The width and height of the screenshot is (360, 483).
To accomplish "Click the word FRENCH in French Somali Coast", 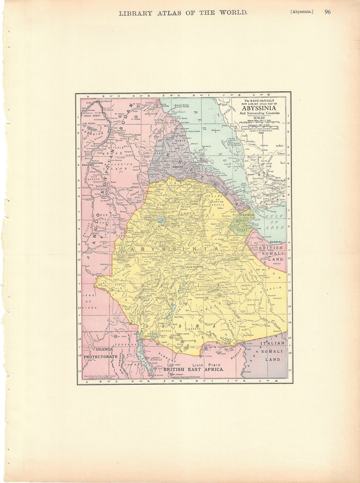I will coord(246,215).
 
